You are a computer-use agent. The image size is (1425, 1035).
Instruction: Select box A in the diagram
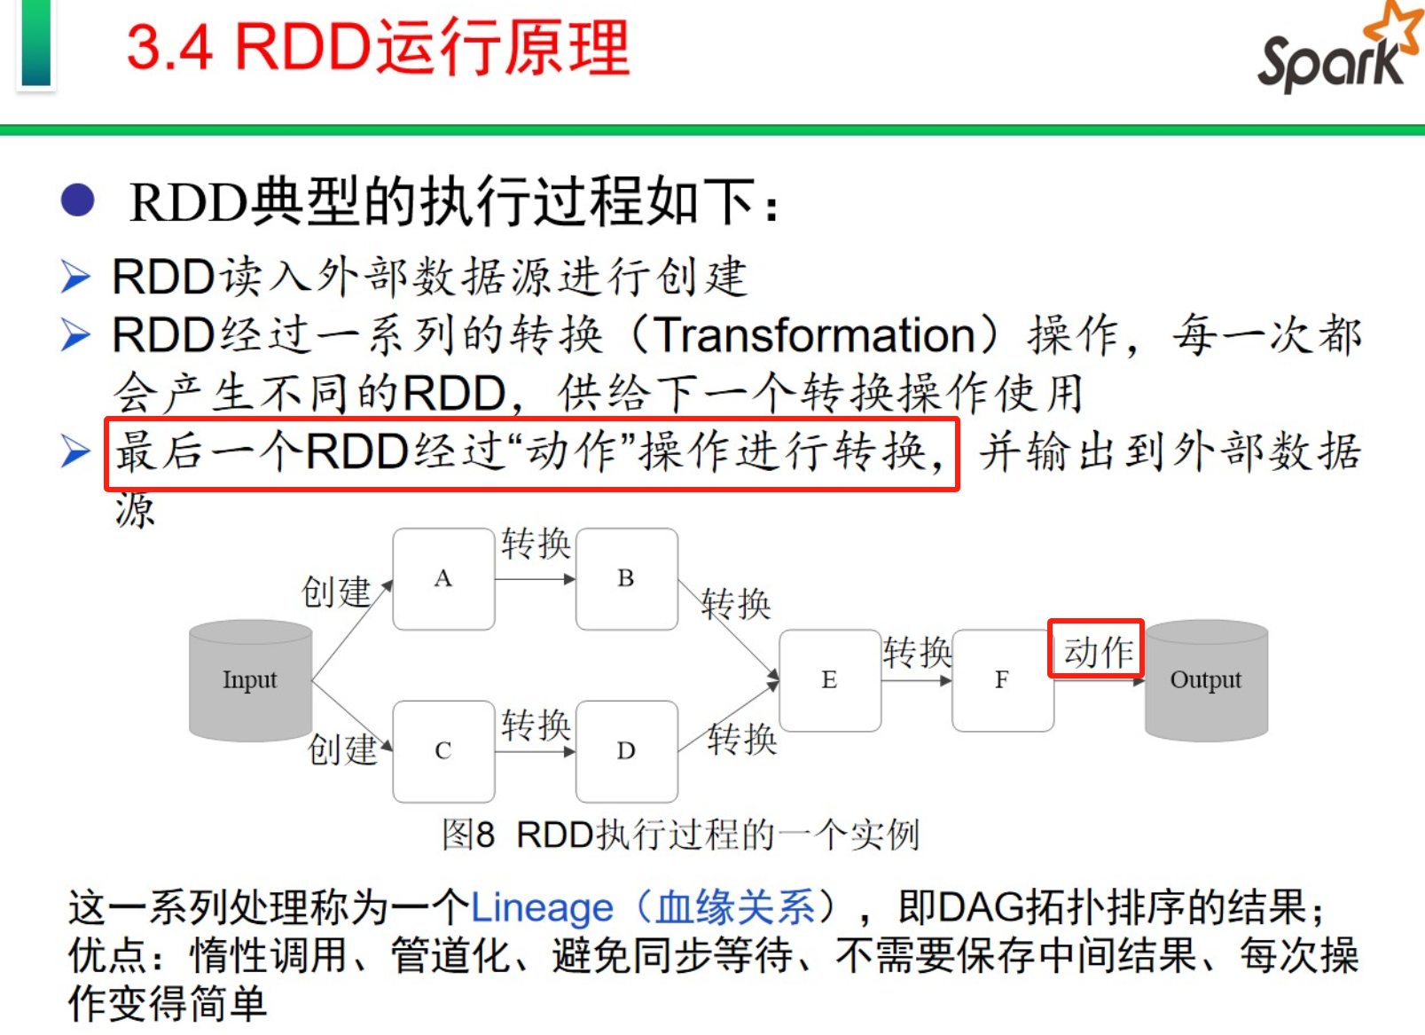(443, 579)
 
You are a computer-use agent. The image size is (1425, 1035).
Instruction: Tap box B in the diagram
(626, 579)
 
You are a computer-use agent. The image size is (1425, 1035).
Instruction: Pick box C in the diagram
(443, 751)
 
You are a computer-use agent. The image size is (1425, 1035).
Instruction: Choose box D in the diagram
(626, 751)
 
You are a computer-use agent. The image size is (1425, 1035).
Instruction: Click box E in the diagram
(829, 680)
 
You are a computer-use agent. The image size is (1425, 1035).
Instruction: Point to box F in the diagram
(1002, 680)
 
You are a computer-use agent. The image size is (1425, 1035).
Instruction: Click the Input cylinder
(250, 680)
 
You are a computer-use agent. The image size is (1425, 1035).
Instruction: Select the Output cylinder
(1206, 680)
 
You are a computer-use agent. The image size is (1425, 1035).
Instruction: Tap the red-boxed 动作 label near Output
(1098, 651)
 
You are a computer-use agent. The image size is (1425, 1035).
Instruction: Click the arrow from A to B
(535, 579)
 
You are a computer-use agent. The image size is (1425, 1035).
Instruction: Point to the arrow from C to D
(535, 752)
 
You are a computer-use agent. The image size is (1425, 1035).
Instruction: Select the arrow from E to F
(916, 680)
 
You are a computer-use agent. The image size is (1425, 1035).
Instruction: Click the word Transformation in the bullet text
(815, 335)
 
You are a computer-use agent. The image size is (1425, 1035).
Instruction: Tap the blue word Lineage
(541, 907)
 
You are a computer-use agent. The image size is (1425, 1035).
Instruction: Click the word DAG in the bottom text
(982, 907)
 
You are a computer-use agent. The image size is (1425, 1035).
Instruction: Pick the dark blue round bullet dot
(77, 200)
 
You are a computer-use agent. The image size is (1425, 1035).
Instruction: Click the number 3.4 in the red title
(169, 47)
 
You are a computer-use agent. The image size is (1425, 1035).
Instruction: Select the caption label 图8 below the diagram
(468, 835)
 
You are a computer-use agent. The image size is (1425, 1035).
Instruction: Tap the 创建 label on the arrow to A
(336, 592)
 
